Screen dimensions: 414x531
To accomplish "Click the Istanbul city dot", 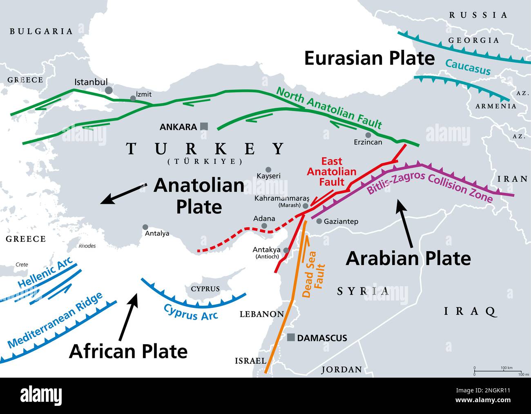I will pos(109,90).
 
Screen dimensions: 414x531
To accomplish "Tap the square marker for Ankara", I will pos(204,127).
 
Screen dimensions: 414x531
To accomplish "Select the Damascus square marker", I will pos(291,337).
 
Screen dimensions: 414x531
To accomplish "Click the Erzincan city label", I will pos(368,142).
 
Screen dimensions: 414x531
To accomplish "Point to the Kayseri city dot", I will pos(268,169).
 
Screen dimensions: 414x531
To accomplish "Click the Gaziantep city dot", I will pos(319,221).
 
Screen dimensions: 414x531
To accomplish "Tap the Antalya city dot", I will pos(145,227).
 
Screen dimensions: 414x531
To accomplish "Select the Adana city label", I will pos(264,218).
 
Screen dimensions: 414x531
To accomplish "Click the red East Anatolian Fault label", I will pos(331,171).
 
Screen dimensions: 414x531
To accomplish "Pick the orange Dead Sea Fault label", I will pos(314,274).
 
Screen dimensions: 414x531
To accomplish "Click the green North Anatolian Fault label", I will pos(329,108).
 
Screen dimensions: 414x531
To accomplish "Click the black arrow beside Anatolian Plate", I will pos(123,194).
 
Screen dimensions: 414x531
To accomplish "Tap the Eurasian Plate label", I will pos(369,58).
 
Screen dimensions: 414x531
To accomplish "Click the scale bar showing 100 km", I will pos(498,371).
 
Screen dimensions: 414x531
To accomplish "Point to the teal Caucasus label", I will pos(468,67).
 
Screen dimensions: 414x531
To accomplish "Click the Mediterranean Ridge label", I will pos(55,321).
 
